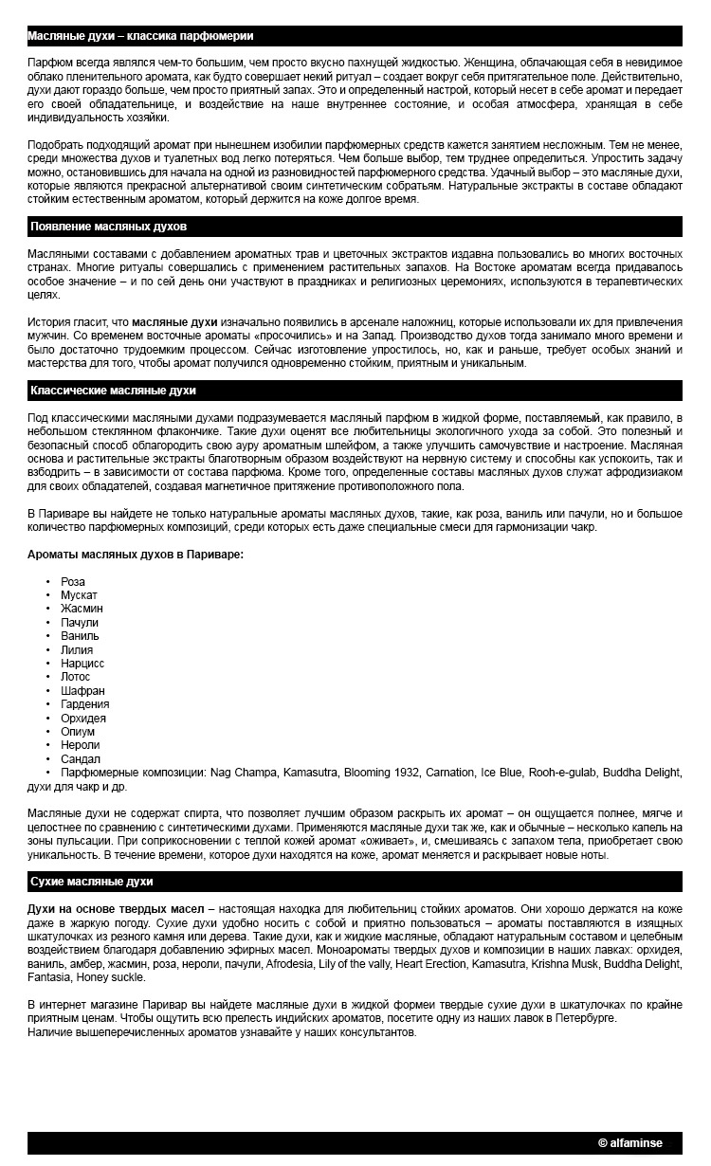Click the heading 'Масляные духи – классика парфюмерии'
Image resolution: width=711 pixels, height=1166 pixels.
[x=140, y=36]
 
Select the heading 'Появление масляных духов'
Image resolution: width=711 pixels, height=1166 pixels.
[x=108, y=228]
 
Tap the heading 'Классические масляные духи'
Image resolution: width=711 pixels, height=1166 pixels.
[x=113, y=391]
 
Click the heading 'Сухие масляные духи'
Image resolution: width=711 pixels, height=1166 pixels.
[x=91, y=882]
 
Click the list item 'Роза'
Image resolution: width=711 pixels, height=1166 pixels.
[x=73, y=582]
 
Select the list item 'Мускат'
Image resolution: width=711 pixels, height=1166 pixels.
[x=79, y=595]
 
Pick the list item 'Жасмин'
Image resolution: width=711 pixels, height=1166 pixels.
[x=82, y=609]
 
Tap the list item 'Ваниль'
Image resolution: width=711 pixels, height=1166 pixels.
[x=80, y=636]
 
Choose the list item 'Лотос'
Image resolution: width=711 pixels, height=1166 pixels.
[x=76, y=677]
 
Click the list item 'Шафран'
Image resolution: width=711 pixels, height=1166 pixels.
[x=82, y=691]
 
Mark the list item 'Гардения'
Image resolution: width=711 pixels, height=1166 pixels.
[x=85, y=704]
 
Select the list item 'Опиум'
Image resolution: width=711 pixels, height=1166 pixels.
[x=78, y=732]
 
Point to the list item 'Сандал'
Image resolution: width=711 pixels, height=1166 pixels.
[x=81, y=759]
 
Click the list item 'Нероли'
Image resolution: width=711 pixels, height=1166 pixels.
[x=80, y=745]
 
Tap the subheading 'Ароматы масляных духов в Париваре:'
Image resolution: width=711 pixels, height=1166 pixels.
[x=135, y=554]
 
